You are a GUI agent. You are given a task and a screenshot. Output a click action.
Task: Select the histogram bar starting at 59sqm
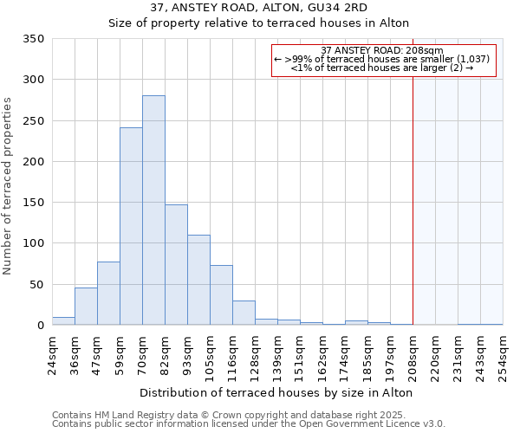click(131, 226)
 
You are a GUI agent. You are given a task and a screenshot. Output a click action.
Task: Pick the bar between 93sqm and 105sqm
click(198, 280)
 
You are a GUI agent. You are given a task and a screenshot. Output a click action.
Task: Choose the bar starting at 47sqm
click(108, 294)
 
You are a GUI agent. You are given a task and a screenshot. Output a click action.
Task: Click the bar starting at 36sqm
click(86, 307)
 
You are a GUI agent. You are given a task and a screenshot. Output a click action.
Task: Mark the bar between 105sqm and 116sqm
click(221, 295)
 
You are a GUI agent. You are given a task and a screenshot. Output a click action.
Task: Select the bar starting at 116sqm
click(244, 313)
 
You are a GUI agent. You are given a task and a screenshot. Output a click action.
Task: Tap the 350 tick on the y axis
click(34, 39)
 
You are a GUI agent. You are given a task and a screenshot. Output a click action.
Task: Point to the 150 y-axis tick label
click(34, 203)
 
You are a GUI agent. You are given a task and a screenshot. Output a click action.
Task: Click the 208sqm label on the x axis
click(413, 353)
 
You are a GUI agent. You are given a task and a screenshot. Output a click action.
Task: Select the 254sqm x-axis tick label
click(503, 353)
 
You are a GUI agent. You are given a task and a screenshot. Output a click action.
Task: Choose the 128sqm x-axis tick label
click(255, 353)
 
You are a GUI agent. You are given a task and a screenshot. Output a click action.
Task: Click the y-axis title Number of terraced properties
click(9, 186)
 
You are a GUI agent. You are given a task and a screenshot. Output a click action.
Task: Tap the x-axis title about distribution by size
click(276, 392)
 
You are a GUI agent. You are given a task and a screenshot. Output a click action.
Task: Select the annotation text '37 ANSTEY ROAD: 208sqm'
click(382, 50)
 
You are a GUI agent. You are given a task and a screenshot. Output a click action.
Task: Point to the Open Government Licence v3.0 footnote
click(249, 424)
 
